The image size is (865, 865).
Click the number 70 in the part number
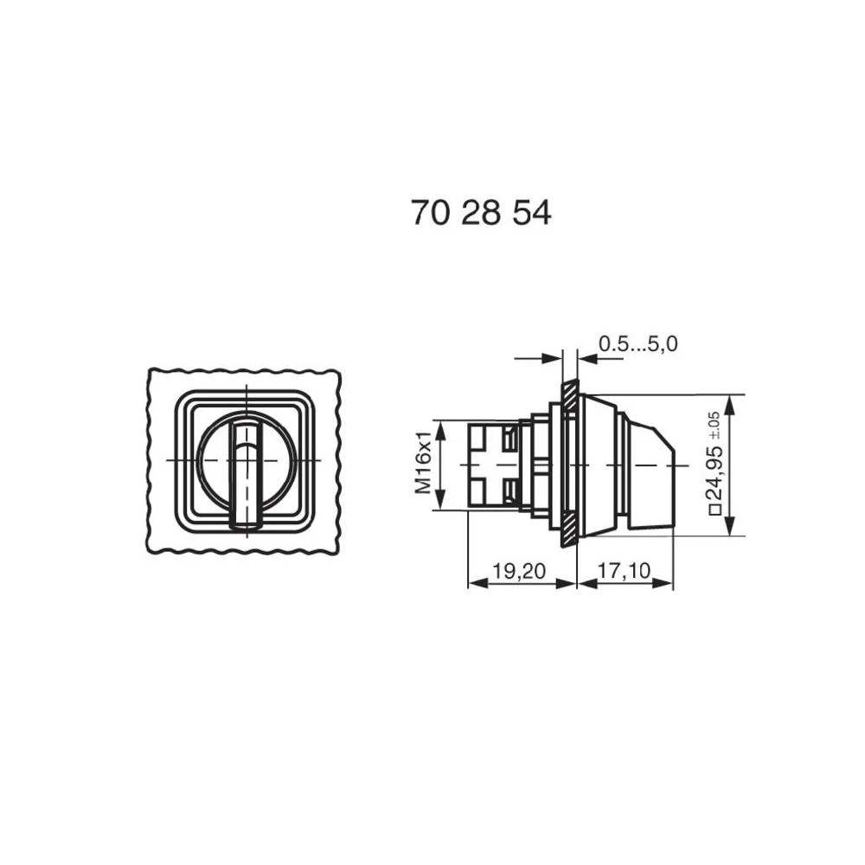click(x=430, y=213)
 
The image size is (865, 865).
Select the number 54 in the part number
click(x=531, y=213)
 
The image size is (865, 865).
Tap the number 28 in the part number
click(x=480, y=213)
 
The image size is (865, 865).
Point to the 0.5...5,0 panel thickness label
click(x=638, y=344)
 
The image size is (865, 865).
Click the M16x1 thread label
click(x=423, y=465)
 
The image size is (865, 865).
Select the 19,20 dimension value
click(x=520, y=570)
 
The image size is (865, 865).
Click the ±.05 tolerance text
click(x=714, y=424)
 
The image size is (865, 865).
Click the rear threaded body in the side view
click(x=493, y=465)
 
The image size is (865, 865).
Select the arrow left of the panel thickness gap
click(x=554, y=357)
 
